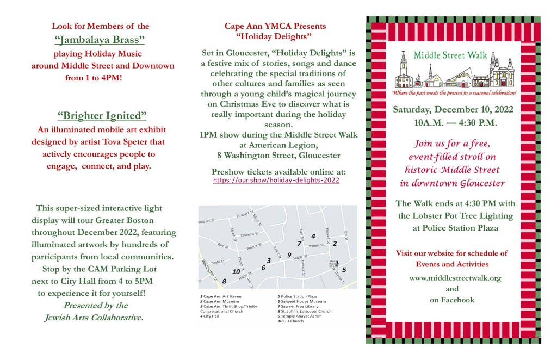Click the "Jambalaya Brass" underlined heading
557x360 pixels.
coord(100,40)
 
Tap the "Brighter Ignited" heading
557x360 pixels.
coord(102,116)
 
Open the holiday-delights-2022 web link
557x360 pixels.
coord(276,180)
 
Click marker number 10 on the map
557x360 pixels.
coord(236,271)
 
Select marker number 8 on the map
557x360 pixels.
coord(224,281)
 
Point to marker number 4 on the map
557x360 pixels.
coord(313,236)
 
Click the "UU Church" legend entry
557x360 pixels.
coord(292,321)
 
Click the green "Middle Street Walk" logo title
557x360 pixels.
coord(449,55)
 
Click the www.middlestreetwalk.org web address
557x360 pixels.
coord(455,278)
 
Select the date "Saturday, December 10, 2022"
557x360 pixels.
coord(453,109)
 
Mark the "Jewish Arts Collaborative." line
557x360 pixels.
coord(93,318)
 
